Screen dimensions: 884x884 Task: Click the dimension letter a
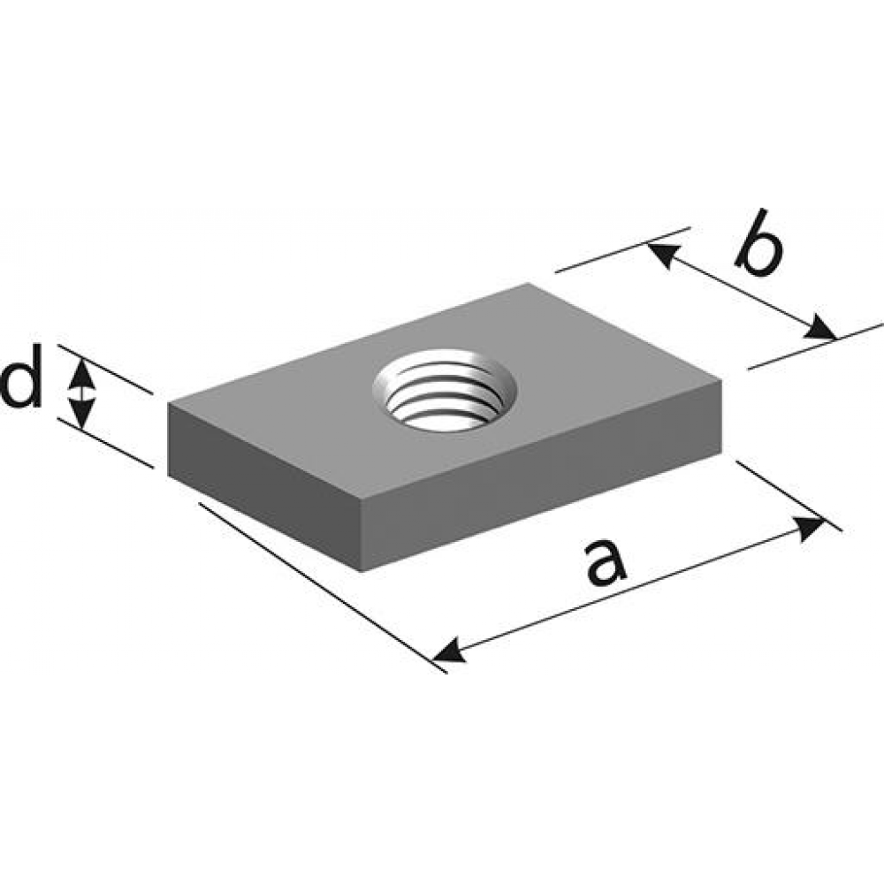(x=606, y=562)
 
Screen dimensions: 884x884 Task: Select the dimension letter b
(x=758, y=243)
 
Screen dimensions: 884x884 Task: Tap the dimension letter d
(x=21, y=376)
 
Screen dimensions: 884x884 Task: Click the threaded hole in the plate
(x=445, y=390)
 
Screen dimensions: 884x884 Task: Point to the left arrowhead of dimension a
(x=449, y=652)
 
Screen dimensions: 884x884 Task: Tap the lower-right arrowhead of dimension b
(x=820, y=328)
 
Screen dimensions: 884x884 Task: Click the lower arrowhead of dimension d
(x=82, y=412)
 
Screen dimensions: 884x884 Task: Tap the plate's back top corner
(x=529, y=283)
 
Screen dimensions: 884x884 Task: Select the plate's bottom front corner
(x=362, y=572)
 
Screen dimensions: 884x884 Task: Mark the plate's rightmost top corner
(x=722, y=380)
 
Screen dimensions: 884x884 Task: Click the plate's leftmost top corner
(x=169, y=404)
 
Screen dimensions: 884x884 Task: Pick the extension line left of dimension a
(x=323, y=588)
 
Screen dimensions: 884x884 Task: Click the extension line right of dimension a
(x=789, y=496)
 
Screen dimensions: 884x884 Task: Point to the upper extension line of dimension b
(x=623, y=250)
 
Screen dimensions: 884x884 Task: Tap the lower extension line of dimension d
(x=105, y=443)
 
